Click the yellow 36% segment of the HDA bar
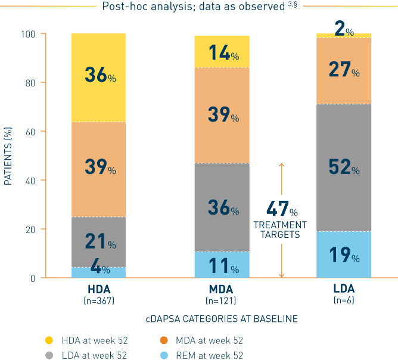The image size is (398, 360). [x=98, y=77]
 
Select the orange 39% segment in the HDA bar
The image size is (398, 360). [x=98, y=169]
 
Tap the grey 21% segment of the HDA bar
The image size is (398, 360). [x=98, y=241]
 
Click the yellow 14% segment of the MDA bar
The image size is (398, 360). [x=222, y=52]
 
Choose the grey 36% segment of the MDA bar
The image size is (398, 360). [x=222, y=207]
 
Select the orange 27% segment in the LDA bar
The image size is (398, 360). [x=344, y=71]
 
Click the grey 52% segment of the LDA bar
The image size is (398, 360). [x=344, y=168]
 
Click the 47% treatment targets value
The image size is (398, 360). [x=281, y=210]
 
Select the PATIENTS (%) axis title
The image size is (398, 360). [x=8, y=156]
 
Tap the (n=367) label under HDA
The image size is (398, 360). [x=98, y=300]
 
